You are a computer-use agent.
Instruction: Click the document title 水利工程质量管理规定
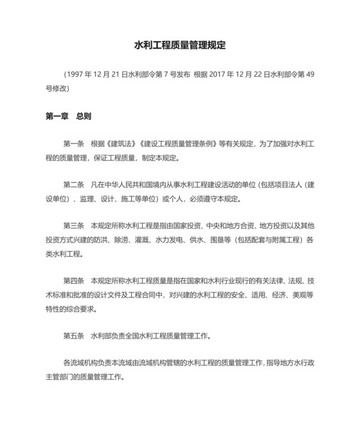pyautogui.click(x=180, y=46)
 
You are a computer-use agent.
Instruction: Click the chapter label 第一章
pyautogui.click(x=57, y=116)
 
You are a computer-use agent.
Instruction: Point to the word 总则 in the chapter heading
pyautogui.click(x=84, y=116)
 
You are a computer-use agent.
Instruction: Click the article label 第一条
pyautogui.click(x=74, y=144)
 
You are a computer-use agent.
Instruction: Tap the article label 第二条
pyautogui.click(x=74, y=185)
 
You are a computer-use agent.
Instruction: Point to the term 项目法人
pyautogui.click(x=287, y=185)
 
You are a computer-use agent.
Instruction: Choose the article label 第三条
pyautogui.click(x=74, y=226)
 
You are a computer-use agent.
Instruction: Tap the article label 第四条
pyautogui.click(x=74, y=281)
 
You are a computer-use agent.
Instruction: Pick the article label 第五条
pyautogui.click(x=74, y=336)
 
